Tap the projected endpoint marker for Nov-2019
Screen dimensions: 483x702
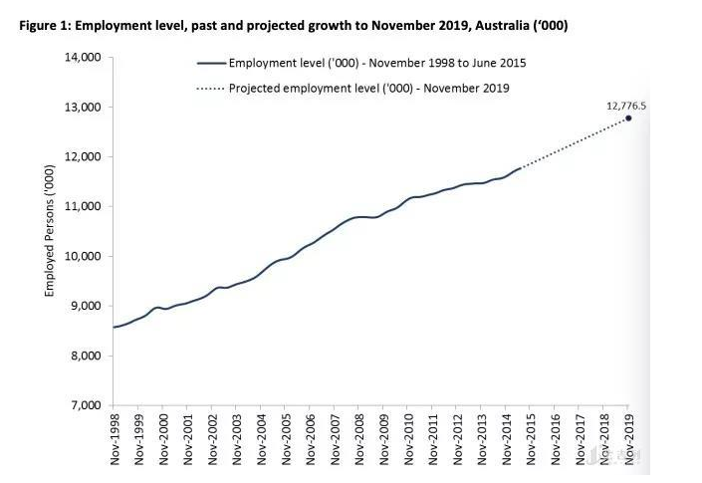point(628,119)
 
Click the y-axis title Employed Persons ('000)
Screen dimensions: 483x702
point(49,230)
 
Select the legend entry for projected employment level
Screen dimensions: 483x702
point(368,88)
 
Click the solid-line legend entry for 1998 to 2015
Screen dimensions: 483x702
point(376,63)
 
